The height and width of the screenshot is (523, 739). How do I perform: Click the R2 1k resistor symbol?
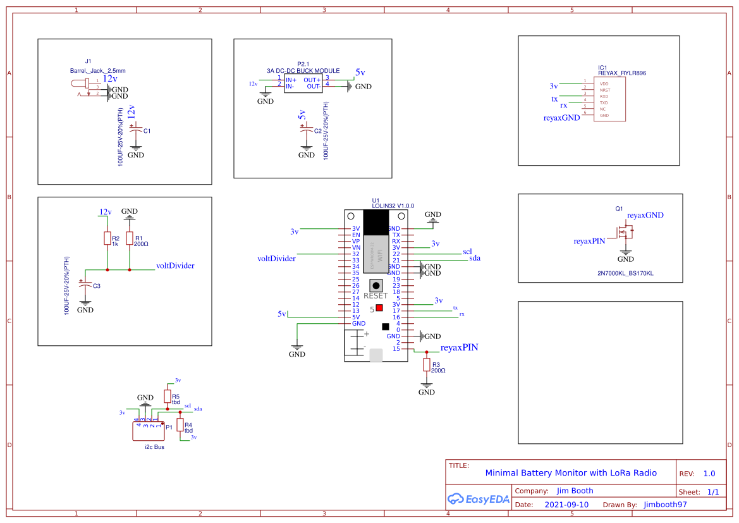coord(107,238)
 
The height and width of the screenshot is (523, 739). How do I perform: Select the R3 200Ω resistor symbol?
coord(427,365)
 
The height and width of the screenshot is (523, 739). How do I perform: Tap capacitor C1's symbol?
coord(136,130)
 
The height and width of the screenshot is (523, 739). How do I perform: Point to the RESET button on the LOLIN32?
coord(377,285)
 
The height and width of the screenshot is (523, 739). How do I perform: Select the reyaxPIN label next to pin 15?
coord(459,347)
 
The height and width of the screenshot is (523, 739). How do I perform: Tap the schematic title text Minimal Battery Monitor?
coord(570,473)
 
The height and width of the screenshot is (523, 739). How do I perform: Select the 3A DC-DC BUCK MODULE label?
coord(303,71)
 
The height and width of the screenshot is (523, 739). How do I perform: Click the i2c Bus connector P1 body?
coord(147,431)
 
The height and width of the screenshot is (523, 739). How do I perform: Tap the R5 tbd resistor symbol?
coord(167,397)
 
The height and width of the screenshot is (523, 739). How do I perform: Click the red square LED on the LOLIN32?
coord(379,308)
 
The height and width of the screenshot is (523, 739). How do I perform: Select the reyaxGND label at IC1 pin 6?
coord(561,118)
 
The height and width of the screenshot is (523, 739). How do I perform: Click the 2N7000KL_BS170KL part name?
coord(625,273)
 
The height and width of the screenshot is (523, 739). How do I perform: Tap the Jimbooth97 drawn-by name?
coord(665,505)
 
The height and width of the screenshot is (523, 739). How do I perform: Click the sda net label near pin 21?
coord(474,259)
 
